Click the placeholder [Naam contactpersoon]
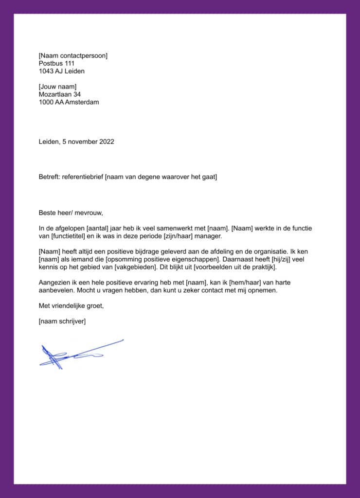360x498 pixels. (x=73, y=55)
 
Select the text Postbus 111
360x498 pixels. (x=56, y=63)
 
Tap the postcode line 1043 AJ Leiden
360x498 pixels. (x=61, y=71)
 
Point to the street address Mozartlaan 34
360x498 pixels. (x=60, y=94)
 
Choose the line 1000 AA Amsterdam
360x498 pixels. (x=69, y=102)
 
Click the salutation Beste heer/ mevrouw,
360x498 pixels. (x=71, y=213)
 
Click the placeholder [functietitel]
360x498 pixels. (x=69, y=236)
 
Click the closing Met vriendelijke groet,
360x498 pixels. (x=71, y=305)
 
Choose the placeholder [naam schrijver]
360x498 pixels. (x=62, y=321)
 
